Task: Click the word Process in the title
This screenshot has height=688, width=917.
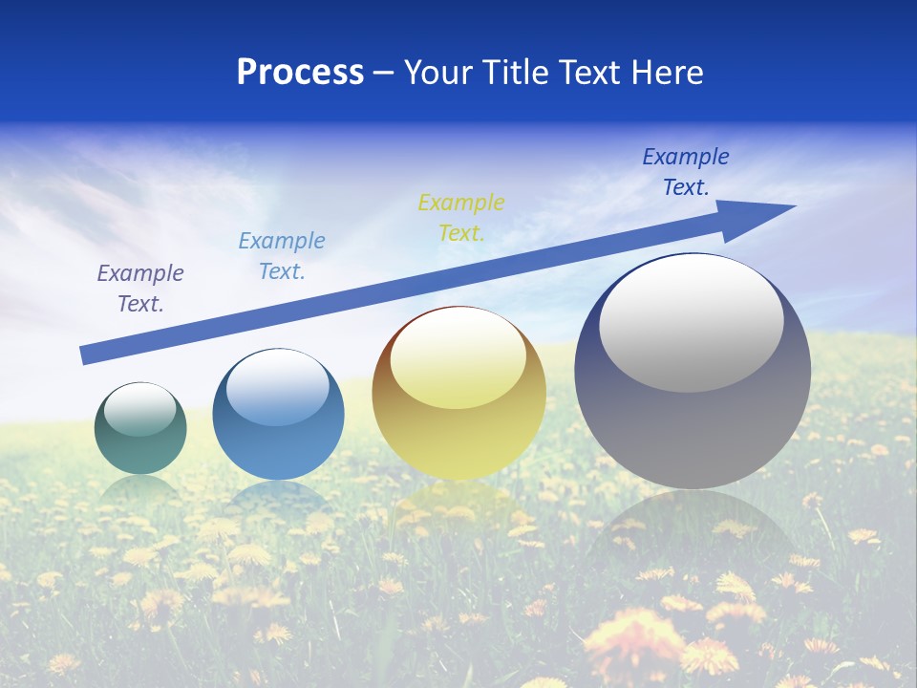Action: pyautogui.click(x=300, y=73)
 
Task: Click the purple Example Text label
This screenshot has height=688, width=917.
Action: pyautogui.click(x=140, y=289)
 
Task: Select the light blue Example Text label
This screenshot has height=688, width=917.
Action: pyautogui.click(x=282, y=256)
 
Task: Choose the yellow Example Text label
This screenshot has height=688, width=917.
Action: pyautogui.click(x=461, y=217)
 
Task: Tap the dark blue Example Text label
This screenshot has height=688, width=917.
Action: pyautogui.click(x=686, y=171)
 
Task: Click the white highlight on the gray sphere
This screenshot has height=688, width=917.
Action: pyautogui.click(x=691, y=323)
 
